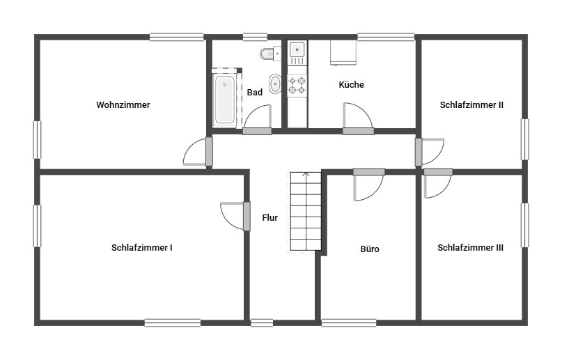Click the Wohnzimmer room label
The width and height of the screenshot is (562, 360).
[123, 105]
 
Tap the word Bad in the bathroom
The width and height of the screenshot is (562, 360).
[254, 93]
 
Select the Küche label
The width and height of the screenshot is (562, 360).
[351, 84]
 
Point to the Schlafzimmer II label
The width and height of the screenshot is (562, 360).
[471, 105]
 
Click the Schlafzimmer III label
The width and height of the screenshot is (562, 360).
[470, 247]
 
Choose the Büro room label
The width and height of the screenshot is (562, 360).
[370, 249]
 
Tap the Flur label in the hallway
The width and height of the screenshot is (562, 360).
[270, 217]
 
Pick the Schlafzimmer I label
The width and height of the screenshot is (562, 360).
[142, 247]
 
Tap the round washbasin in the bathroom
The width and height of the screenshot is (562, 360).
[275, 84]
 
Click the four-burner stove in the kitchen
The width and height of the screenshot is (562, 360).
[297, 85]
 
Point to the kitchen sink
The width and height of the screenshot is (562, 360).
[297, 49]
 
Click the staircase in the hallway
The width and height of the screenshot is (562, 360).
[305, 212]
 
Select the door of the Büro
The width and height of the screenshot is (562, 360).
[369, 185]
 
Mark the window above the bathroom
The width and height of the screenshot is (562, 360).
[255, 37]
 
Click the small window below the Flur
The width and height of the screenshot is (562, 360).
[262, 323]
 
